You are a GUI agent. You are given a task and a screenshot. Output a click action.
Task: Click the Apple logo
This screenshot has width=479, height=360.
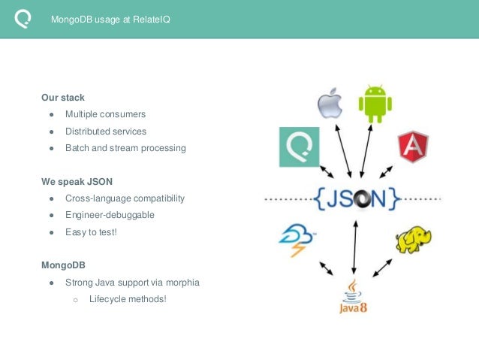coord(329,103)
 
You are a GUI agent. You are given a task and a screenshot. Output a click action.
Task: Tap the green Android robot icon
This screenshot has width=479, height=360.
coord(375,104)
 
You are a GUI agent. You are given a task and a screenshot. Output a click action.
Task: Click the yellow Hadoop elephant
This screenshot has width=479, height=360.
coord(414,238)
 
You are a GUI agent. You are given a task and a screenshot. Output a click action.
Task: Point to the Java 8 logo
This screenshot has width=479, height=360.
coord(351,297)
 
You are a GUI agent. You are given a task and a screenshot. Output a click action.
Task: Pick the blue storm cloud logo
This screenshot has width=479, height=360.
coord(297,238)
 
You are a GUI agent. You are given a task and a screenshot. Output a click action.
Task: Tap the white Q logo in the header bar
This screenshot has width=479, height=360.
coord(23,19)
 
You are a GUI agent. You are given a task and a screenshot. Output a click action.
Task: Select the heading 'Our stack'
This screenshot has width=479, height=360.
coord(63,98)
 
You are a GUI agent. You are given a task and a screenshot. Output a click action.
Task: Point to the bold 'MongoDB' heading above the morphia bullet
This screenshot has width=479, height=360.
coord(64,265)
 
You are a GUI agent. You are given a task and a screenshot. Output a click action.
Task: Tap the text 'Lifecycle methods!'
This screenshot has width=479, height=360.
coord(128,299)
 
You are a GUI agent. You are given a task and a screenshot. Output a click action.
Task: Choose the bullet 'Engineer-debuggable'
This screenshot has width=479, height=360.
coord(110,215)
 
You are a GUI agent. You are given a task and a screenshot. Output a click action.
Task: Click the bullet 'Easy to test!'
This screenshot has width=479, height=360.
coord(91,232)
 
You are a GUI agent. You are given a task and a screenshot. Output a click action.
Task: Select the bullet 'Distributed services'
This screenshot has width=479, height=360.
coord(106,132)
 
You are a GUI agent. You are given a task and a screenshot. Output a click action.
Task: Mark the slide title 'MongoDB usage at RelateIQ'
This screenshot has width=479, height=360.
coord(110,20)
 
